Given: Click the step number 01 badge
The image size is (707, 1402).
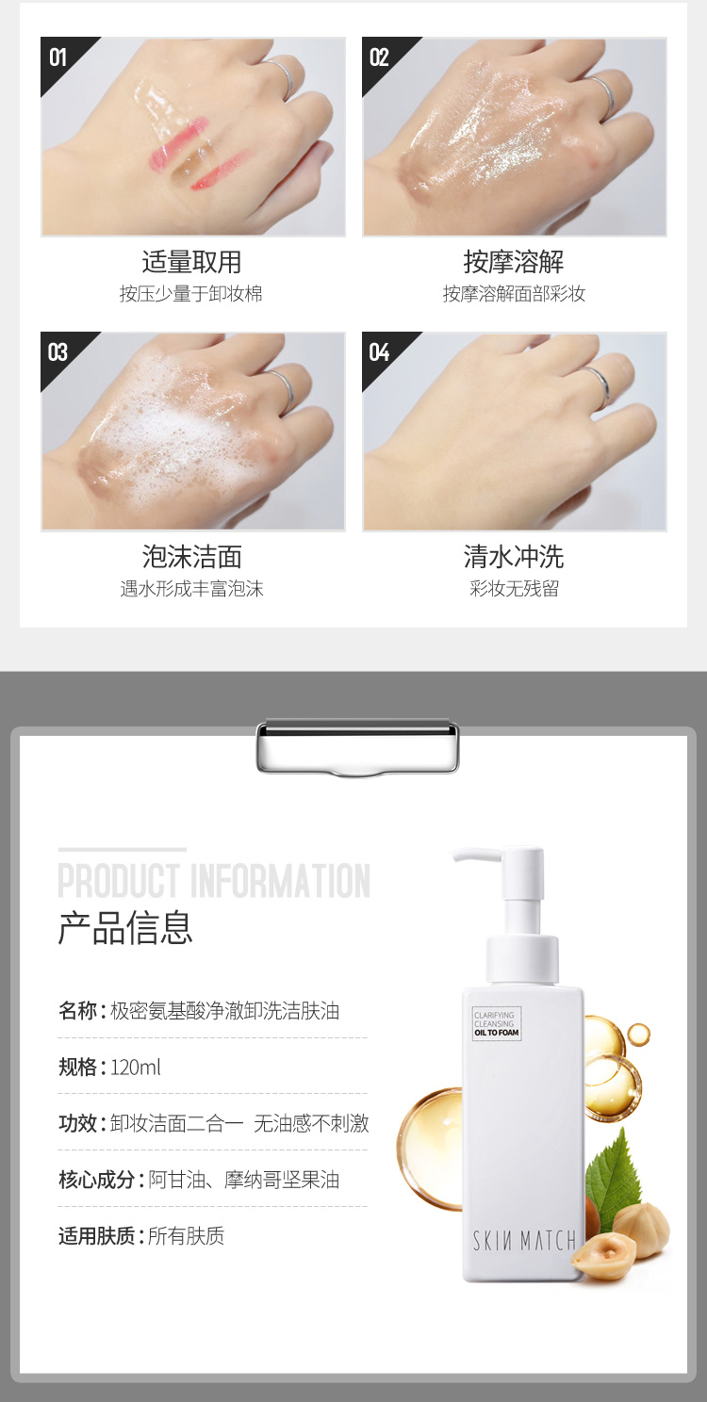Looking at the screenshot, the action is tap(58, 57).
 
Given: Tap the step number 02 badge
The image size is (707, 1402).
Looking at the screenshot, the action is tap(380, 57).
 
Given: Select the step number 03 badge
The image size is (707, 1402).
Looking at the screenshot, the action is tap(58, 352).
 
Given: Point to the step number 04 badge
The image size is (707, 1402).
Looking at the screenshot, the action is tap(380, 352).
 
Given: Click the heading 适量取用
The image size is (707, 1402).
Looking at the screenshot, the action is tap(191, 262).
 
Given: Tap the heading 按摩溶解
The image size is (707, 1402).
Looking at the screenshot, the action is tap(514, 262).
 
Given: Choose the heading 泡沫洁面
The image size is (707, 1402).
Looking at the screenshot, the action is tap(191, 557).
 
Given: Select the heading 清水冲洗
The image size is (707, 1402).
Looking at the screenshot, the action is tap(514, 557).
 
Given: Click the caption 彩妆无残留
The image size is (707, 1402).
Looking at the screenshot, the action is tap(514, 588).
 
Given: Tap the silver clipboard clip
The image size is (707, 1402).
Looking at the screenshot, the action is tap(357, 747).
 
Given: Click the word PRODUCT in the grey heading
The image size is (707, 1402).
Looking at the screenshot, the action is tap(119, 881).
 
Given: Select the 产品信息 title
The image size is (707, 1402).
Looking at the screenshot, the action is tap(124, 927).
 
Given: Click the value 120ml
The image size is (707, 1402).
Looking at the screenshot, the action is tap(135, 1068).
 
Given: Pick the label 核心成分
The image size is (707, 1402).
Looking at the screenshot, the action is tap(96, 1180).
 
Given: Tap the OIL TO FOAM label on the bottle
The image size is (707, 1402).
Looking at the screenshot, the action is tap(497, 1032).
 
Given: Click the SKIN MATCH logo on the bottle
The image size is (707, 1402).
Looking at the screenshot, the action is tap(524, 1240).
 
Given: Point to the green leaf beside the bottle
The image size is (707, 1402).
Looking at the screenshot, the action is tap(613, 1164).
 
